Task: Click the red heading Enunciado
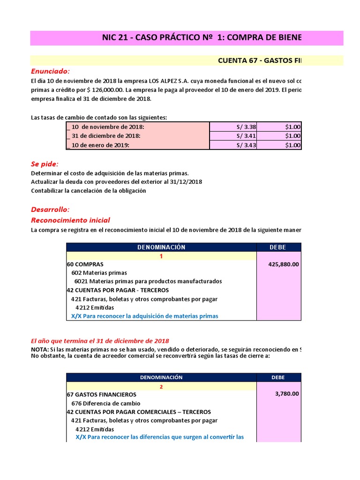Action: [50, 71]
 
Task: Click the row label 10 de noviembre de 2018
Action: [107, 127]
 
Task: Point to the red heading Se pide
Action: [45, 164]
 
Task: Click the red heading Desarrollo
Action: [50, 210]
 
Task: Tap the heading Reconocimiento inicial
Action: [70, 220]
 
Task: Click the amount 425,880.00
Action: [284, 264]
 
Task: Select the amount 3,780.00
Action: [287, 394]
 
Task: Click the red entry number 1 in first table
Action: [161, 256]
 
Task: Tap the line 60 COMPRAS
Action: [85, 264]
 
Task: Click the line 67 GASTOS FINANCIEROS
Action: [102, 395]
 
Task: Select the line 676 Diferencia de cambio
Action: [105, 403]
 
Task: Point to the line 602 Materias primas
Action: [99, 273]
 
